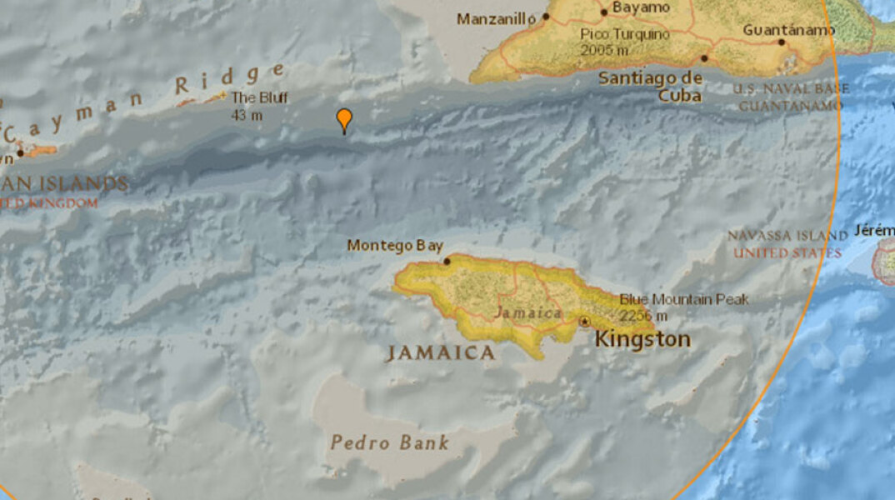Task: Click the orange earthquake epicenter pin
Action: click(343, 120)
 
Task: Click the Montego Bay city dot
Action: click(447, 261)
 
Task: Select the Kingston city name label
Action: click(642, 339)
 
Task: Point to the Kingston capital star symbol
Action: click(586, 321)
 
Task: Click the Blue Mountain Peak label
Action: click(684, 299)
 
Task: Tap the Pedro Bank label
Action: click(389, 442)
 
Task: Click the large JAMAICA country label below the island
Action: click(440, 353)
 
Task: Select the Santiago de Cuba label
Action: click(651, 87)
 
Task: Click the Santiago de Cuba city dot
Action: click(704, 58)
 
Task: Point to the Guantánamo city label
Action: click(788, 30)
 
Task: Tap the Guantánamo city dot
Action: click(782, 42)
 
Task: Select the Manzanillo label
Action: click(496, 17)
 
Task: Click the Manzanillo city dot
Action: click(547, 16)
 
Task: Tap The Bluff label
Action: click(259, 97)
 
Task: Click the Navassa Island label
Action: click(787, 236)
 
